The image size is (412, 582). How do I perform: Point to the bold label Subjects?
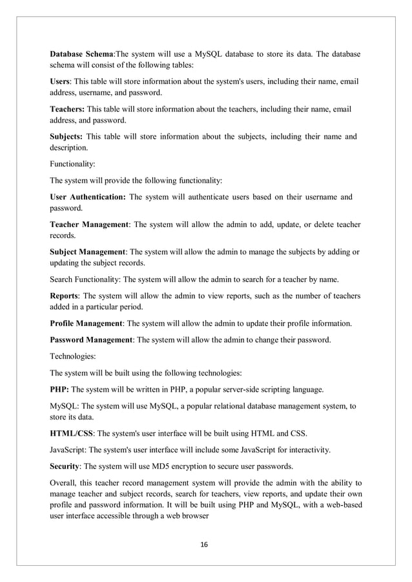[67, 137]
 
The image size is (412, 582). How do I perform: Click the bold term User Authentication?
[87, 197]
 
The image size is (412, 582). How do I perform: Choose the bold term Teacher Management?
[90, 225]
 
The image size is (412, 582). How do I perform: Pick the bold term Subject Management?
[88, 252]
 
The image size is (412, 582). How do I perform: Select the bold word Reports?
[65, 296]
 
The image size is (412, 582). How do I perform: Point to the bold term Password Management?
[90, 339]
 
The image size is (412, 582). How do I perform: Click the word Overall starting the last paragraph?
[65, 483]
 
